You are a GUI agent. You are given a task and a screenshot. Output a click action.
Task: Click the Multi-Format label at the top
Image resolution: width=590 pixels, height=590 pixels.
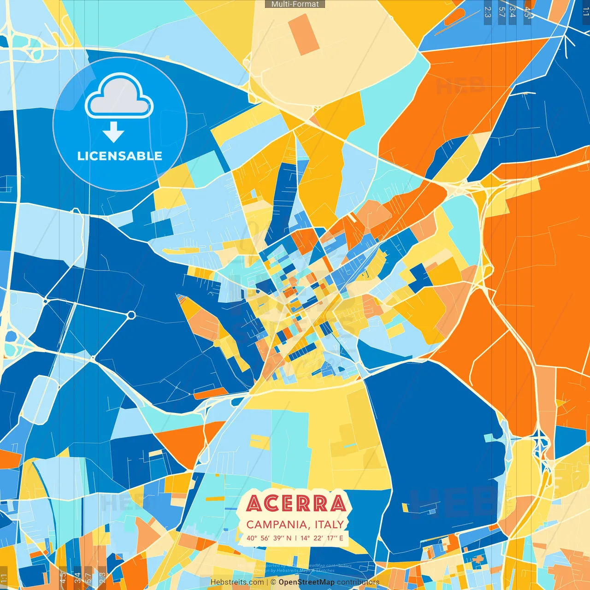coord(295,4)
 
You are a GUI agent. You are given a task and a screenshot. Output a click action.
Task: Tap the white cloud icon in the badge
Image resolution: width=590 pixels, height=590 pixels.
coord(119,96)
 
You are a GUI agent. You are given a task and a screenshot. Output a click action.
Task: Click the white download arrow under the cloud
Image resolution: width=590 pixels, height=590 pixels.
coord(113,132)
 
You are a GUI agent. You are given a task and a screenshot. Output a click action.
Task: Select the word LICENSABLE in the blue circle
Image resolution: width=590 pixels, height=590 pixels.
coord(120,156)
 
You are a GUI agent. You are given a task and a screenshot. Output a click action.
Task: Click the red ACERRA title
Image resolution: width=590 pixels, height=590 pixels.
coord(296,503)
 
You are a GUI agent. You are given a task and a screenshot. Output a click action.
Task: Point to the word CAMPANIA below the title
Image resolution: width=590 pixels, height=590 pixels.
coord(277,525)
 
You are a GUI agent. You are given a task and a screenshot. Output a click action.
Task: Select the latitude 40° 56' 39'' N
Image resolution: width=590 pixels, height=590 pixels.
coord(269,538)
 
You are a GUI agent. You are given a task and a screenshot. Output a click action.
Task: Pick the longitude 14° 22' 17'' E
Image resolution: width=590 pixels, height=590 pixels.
coord(322,538)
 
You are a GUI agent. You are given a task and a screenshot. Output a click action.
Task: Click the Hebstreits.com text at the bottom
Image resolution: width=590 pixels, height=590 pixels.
coord(237,582)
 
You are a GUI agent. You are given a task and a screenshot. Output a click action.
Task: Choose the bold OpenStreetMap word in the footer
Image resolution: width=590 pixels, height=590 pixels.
coord(307,582)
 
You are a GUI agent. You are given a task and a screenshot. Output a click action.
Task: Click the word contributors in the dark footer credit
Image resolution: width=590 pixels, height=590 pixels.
coord(358,582)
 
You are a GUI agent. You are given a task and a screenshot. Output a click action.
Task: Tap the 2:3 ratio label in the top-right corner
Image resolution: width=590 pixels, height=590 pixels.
coord(488,12)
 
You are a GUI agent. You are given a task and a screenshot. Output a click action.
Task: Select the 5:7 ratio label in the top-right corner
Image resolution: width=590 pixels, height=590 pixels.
coord(501,12)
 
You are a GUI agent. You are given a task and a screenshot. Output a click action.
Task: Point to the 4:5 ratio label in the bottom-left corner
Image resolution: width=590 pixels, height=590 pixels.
coord(63,578)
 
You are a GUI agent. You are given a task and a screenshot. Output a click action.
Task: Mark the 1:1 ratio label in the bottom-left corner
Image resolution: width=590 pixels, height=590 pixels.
coord(4,578)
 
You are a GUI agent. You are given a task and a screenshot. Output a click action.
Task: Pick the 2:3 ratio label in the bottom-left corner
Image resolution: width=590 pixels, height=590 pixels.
coord(102,578)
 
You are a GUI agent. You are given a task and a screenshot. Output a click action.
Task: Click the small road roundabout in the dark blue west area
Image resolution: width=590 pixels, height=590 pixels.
coord(131,315)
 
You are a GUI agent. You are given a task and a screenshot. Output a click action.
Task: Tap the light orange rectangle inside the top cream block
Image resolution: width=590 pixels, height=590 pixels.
coord(307,35)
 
